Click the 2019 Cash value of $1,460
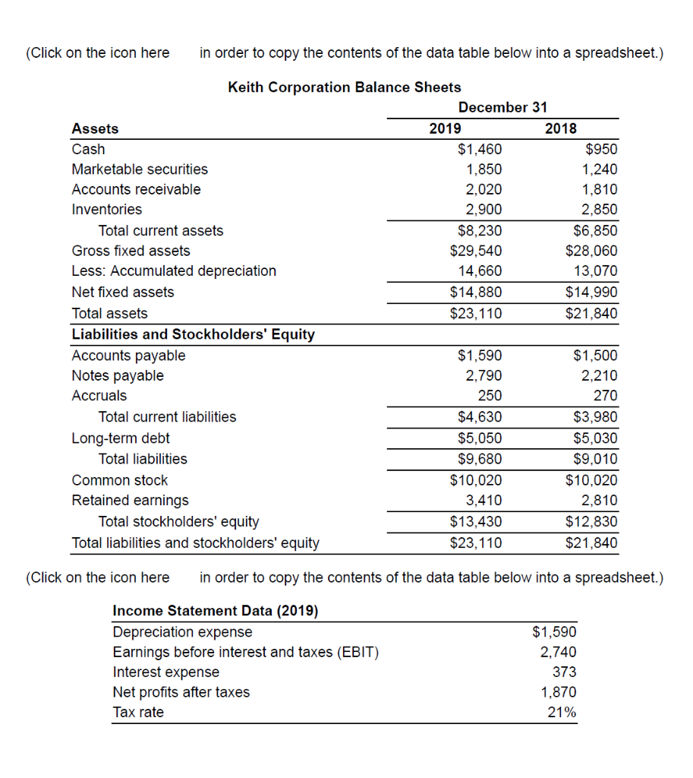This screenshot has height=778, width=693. click(x=479, y=149)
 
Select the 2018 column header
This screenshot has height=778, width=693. click(x=561, y=128)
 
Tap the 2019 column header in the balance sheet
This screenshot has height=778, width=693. click(x=445, y=128)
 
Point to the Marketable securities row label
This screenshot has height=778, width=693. click(x=140, y=169)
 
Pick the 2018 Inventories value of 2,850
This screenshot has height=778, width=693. click(x=599, y=210)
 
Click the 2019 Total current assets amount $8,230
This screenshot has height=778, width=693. click(x=479, y=231)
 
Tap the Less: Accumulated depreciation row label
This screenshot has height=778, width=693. click(x=174, y=271)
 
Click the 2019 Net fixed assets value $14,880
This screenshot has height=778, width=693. click(x=476, y=293)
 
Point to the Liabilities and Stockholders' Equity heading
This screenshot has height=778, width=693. click(x=193, y=334)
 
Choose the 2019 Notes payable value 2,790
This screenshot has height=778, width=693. click(x=483, y=375)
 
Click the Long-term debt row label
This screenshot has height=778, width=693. click(x=121, y=438)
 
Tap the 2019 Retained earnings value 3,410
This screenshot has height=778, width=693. click(x=483, y=501)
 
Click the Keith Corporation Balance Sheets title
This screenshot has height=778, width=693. click(x=344, y=87)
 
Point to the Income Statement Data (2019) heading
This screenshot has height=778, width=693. click(x=216, y=611)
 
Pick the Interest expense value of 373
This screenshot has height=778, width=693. click(x=564, y=672)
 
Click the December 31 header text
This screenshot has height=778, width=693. click(x=502, y=107)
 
